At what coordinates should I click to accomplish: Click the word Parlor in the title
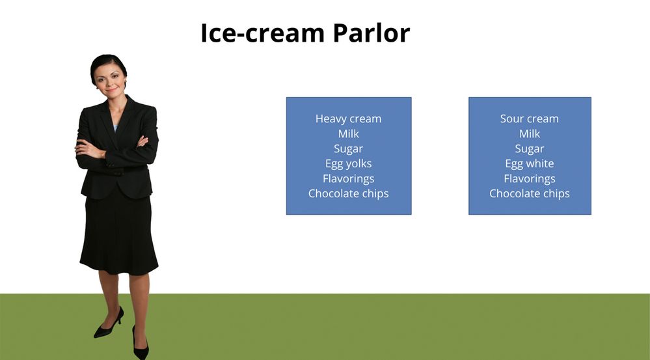[371, 33]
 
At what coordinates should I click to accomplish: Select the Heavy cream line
[348, 118]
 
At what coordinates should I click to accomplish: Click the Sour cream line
[530, 118]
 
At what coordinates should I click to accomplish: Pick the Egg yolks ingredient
[348, 164]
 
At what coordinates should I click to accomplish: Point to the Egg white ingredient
[530, 164]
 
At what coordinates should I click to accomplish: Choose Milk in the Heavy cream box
[348, 133]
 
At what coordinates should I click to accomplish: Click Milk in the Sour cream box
[530, 133]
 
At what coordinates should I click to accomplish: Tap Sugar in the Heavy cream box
[348, 149]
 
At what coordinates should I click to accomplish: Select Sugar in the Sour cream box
[530, 149]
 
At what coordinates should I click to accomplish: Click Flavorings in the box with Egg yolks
[348, 179]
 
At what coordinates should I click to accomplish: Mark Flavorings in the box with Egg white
[530, 179]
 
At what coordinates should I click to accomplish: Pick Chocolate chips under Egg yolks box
[348, 194]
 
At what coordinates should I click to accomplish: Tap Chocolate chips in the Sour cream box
[530, 194]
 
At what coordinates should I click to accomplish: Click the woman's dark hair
[109, 62]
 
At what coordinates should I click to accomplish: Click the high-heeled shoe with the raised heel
[109, 323]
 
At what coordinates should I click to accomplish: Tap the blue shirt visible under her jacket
[115, 128]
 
